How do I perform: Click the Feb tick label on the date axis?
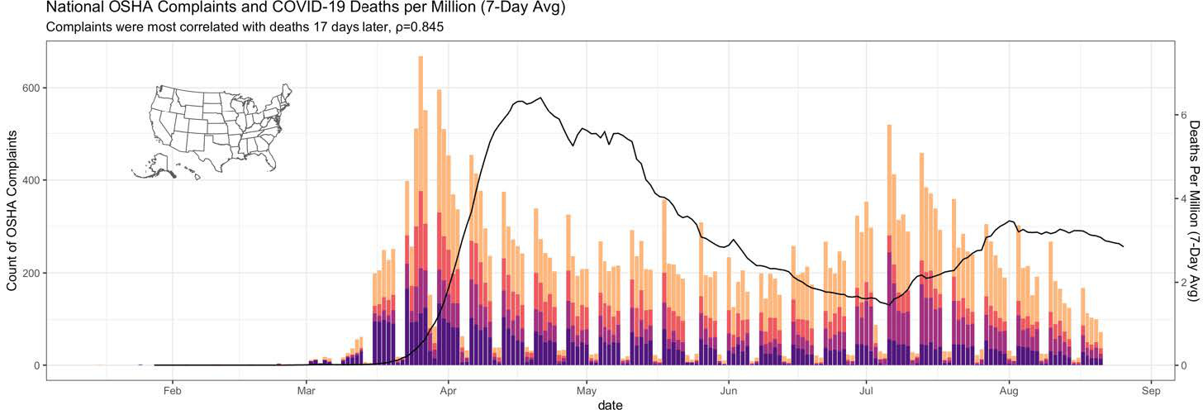point(173,391)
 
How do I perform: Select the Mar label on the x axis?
point(306,391)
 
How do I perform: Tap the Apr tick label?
point(448,391)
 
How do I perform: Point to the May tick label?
point(587,391)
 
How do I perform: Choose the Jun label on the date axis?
point(728,391)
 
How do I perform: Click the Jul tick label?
point(866,391)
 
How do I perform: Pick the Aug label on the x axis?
point(1009,391)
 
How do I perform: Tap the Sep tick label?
point(1151,391)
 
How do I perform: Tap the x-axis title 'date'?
point(611,404)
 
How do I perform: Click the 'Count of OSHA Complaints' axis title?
point(12,210)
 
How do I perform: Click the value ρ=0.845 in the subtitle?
point(420,27)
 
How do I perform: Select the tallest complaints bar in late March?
point(421,211)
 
